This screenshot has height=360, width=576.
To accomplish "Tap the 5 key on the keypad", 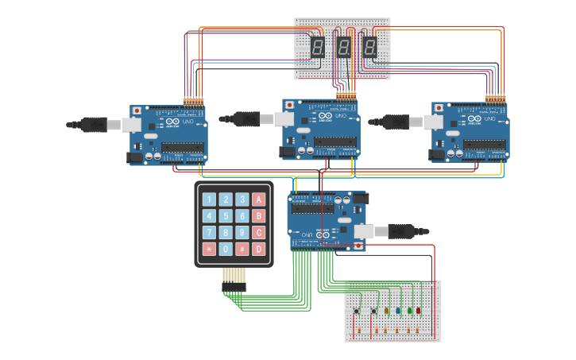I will click(x=226, y=216).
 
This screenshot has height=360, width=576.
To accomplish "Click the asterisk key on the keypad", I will click(x=209, y=249).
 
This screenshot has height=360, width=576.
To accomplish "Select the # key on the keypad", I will click(x=242, y=249).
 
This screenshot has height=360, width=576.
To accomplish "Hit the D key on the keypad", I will click(x=259, y=249).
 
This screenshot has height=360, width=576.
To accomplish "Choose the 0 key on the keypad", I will click(x=226, y=249).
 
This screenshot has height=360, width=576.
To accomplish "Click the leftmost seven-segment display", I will click(x=317, y=48).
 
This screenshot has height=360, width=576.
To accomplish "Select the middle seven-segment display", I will click(x=343, y=48).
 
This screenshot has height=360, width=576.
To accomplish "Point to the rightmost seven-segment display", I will click(x=370, y=48).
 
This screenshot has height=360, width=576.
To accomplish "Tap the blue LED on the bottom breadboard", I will click(x=398, y=311).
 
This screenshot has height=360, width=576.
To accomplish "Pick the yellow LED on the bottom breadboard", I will click(x=387, y=311).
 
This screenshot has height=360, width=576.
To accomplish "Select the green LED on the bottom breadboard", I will click(x=409, y=311).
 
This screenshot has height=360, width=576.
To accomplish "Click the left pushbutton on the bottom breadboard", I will click(x=356, y=311).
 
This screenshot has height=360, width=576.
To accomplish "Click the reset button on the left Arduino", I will click(x=137, y=110).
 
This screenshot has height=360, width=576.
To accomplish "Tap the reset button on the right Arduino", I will click(x=439, y=107).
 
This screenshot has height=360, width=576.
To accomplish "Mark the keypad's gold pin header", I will click(x=233, y=276).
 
